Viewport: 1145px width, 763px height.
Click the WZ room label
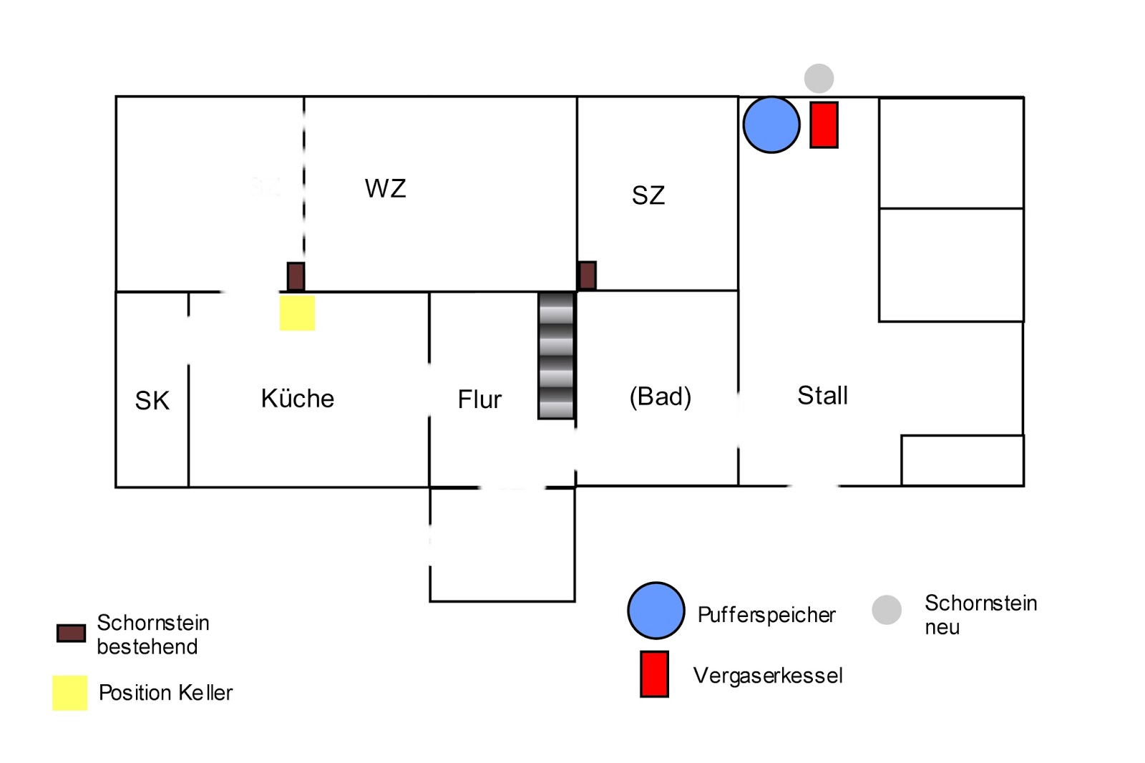click(x=386, y=188)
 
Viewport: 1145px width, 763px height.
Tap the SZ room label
click(x=648, y=195)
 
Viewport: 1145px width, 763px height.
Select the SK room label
click(x=152, y=400)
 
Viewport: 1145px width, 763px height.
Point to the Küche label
click(x=298, y=398)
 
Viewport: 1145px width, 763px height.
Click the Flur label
click(x=479, y=399)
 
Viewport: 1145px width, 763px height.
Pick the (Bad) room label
click(x=661, y=397)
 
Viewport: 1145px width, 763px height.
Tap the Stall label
click(x=822, y=395)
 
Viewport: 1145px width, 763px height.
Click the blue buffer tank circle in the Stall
click(x=771, y=125)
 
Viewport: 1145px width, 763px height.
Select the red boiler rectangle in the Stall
click(x=824, y=125)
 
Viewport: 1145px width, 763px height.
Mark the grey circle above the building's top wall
click(x=819, y=78)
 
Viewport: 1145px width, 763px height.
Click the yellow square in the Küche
click(x=297, y=313)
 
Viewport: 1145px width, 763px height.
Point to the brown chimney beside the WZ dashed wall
click(x=296, y=277)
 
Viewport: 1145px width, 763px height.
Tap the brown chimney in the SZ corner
click(x=588, y=276)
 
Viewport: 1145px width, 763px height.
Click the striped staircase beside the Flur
click(x=556, y=356)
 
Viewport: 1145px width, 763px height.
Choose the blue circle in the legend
click(x=656, y=611)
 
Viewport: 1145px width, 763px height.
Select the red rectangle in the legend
click(x=654, y=674)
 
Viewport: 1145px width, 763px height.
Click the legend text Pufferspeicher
click(x=766, y=616)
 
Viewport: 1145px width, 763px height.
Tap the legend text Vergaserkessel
click(x=768, y=676)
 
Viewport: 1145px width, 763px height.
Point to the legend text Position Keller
click(x=165, y=692)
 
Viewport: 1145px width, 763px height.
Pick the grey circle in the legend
click(x=887, y=610)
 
